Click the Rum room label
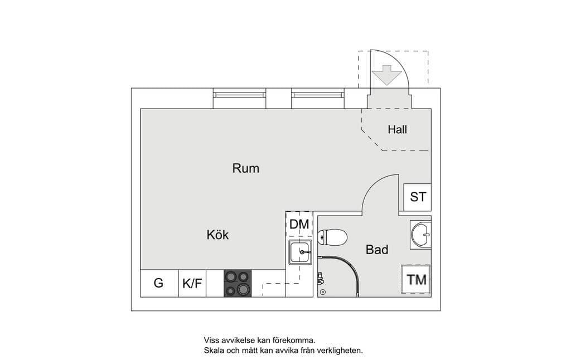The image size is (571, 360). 246,168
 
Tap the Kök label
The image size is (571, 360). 218,235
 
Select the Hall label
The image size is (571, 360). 397,129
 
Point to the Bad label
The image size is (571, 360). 377,250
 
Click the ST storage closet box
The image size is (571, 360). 417,197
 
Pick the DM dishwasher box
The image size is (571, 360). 299,224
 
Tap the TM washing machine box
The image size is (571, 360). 416,280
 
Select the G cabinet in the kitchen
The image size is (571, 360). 159,283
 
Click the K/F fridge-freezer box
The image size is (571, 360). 192,283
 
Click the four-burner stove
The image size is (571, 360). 238,283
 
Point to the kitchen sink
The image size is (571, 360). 300,252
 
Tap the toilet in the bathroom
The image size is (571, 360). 332,237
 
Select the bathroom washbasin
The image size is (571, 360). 421,235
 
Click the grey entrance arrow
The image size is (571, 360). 387,75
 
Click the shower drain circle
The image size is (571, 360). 323,292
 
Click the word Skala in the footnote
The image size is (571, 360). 215,351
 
